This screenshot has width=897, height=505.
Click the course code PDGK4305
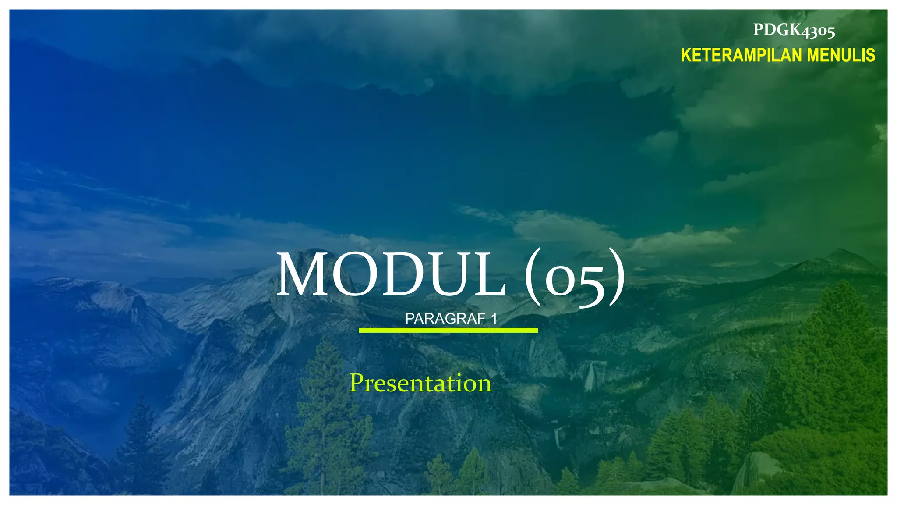pyautogui.click(x=794, y=30)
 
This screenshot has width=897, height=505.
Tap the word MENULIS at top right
pyautogui.click(x=841, y=56)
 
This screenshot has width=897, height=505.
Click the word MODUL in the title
pyautogui.click(x=391, y=275)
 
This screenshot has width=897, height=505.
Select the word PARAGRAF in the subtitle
pyautogui.click(x=445, y=319)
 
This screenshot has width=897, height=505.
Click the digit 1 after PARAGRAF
pyautogui.click(x=494, y=319)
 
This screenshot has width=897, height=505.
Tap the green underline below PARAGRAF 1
pyautogui.click(x=448, y=330)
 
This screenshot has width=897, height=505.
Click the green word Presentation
pyautogui.click(x=420, y=383)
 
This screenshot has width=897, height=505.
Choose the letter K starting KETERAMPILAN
pyautogui.click(x=686, y=56)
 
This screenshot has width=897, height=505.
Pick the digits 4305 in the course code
pyautogui.click(x=818, y=31)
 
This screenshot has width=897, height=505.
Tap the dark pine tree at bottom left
pyautogui.click(x=140, y=443)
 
